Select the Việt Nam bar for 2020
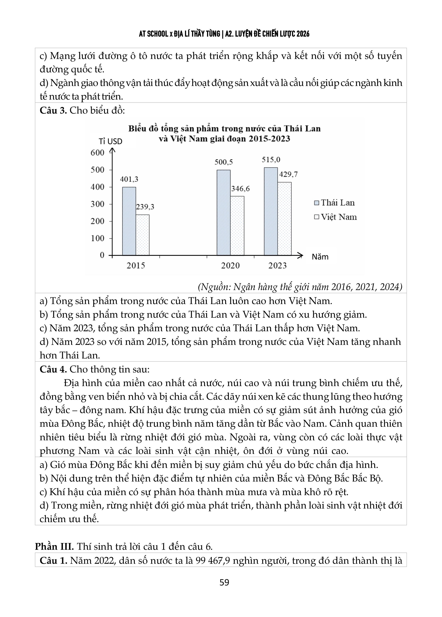pos(237,226)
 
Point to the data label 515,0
pos(271,160)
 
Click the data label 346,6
pos(240,189)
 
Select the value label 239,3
pos(145,207)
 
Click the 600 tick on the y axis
pos(98,153)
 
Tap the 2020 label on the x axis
pos(230,266)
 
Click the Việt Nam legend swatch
pos(316,217)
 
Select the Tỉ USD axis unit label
pos(110,141)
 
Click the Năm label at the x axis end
pos(320,257)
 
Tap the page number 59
pos(224,582)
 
